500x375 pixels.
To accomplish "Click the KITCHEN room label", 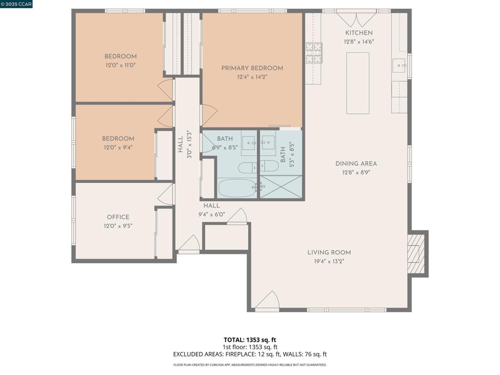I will pyautogui.click(x=359, y=33).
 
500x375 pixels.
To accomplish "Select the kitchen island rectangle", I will pyautogui.click(x=357, y=83).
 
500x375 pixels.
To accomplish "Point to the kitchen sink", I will pyautogui.click(x=399, y=65).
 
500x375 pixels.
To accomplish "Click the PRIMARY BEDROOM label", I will pyautogui.click(x=252, y=68).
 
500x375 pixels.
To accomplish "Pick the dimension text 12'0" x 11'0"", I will pyautogui.click(x=120, y=65).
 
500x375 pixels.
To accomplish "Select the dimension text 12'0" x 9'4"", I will pyautogui.click(x=118, y=147).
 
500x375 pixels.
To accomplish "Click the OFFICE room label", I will pyautogui.click(x=118, y=217).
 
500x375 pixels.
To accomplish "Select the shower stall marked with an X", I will pyautogui.click(x=281, y=187).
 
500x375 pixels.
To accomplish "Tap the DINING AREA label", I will pyautogui.click(x=356, y=164).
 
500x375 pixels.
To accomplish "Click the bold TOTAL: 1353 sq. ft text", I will pyautogui.click(x=250, y=339).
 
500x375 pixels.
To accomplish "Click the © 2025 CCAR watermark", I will pyautogui.click(x=17, y=4).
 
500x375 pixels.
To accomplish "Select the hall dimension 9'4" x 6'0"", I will pyautogui.click(x=211, y=214).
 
